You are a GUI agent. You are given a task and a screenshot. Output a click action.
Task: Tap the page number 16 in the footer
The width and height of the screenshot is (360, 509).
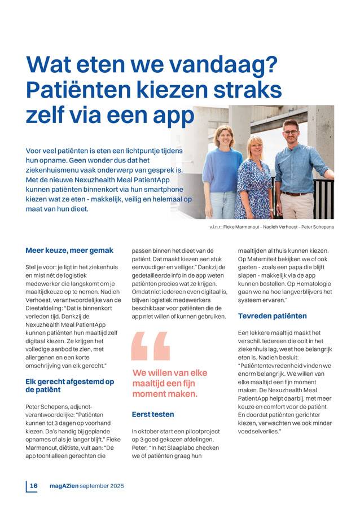34,485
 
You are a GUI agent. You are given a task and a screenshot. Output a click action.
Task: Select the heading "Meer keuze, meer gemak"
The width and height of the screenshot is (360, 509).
69,250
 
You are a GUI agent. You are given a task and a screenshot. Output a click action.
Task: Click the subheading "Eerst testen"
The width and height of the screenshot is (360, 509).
153,414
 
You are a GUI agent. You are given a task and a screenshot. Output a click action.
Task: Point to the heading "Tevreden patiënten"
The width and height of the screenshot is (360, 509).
272,316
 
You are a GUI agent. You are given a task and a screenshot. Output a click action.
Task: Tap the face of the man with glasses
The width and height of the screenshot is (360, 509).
291,133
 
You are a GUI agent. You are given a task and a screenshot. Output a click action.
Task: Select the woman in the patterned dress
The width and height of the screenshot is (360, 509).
254,181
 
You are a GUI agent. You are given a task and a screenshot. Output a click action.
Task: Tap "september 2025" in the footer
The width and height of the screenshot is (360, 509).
102,485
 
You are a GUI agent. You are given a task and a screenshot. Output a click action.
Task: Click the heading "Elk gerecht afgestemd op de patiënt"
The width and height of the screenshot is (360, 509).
69,385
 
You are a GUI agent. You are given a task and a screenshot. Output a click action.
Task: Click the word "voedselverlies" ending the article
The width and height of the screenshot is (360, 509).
261,431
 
